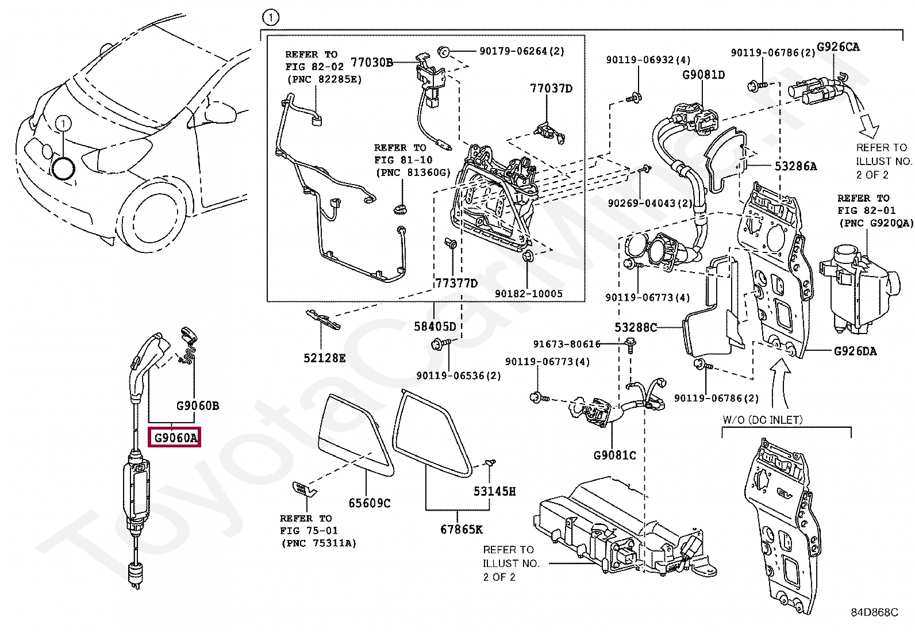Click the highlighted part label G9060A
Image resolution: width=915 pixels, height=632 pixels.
(175, 438)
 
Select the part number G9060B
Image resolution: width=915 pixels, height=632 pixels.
(197, 406)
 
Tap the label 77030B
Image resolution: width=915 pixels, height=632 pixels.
(372, 62)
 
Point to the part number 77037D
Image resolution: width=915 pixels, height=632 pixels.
(551, 89)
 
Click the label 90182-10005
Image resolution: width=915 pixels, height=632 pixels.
(528, 294)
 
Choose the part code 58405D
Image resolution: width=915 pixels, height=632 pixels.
(435, 327)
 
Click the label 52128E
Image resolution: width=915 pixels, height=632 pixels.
(325, 358)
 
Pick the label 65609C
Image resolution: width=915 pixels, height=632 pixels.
(369, 503)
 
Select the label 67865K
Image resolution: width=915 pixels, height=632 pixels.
(462, 529)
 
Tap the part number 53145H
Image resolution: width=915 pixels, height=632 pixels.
(494, 491)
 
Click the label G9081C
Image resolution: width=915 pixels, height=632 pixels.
(614, 455)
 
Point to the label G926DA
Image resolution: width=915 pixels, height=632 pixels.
(855, 351)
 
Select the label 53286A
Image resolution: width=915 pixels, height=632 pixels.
(795, 166)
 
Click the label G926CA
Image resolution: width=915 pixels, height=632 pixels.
(838, 47)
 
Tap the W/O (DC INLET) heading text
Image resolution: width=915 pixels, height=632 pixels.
(762, 420)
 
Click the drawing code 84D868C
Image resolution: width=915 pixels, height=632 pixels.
(874, 612)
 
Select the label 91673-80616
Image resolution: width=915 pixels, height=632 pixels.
(567, 344)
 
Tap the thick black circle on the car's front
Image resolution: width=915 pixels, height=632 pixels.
(63, 168)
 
